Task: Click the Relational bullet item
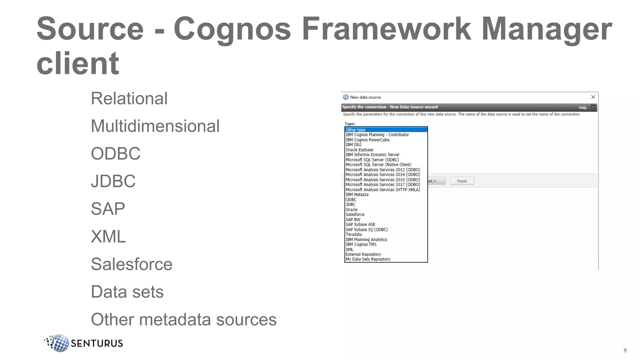(x=129, y=98)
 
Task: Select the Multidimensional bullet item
(x=155, y=126)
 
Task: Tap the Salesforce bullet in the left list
(x=132, y=264)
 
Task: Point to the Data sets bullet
(x=127, y=292)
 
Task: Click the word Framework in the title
(x=386, y=29)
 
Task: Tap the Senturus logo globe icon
(x=58, y=343)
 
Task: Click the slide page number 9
(x=625, y=350)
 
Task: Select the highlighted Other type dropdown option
(x=355, y=130)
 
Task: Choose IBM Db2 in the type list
(x=353, y=145)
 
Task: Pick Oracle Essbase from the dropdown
(x=359, y=150)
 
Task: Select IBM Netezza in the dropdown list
(x=357, y=194)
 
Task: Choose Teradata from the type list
(x=354, y=234)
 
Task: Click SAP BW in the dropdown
(x=353, y=219)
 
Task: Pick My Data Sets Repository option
(x=368, y=259)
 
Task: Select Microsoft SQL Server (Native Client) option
(x=378, y=165)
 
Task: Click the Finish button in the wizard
(x=462, y=181)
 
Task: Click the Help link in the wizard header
(x=582, y=107)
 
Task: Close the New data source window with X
(x=593, y=97)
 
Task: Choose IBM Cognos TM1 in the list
(x=361, y=244)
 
